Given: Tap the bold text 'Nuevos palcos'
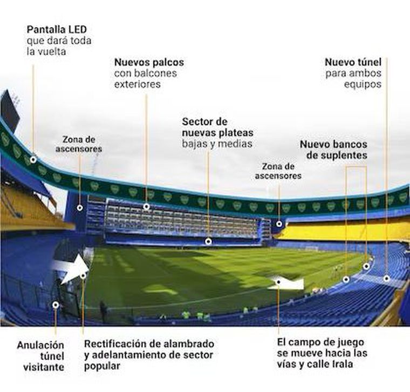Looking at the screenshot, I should pos(149,62).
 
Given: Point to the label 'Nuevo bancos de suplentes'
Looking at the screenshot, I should pos(333,150).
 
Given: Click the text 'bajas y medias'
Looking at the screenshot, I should pos(216,144).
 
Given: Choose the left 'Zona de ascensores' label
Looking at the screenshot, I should pos(79,144).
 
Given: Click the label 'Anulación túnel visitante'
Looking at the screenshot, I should pos(40,356).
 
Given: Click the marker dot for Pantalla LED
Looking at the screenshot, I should pos(33,160).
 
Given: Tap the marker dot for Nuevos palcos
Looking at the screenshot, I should pos(146,206).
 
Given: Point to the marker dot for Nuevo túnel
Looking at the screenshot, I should pos(387,279).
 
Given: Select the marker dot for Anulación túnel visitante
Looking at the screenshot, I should pos(55,305).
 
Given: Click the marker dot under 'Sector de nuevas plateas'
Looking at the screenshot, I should pos(208,241).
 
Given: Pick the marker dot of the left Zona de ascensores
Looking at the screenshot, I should pos(80,207).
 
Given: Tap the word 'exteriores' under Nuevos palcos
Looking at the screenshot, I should pos(138,85).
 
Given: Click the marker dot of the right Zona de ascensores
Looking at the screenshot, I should pos(279,224).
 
